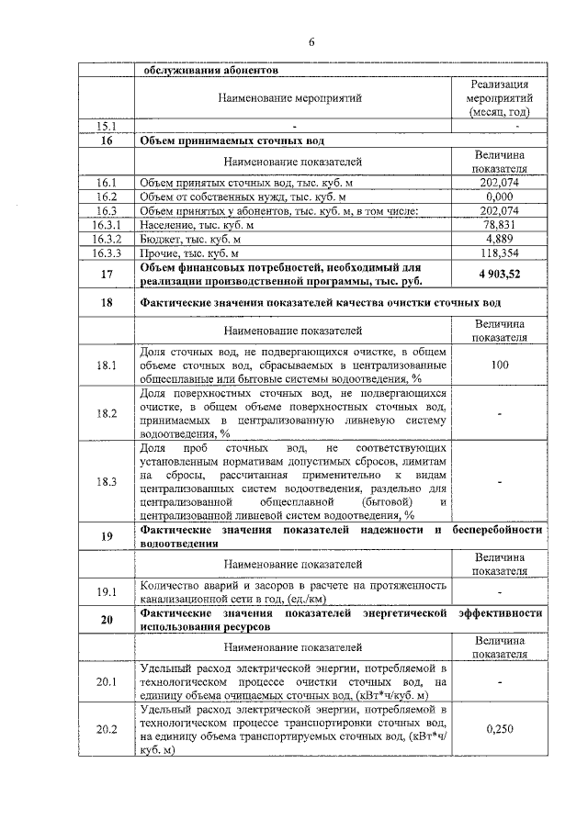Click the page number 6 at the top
[x=311, y=42]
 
